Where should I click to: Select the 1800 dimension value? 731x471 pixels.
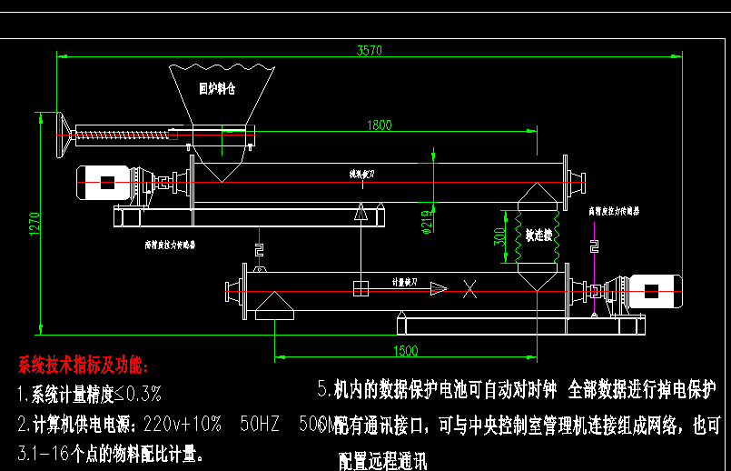click(380, 125)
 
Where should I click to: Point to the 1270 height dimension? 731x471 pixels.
click(35, 224)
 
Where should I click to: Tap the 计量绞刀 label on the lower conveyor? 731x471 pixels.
click(405, 283)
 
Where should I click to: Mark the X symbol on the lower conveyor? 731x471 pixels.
click(469, 290)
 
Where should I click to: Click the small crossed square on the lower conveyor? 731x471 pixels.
click(361, 289)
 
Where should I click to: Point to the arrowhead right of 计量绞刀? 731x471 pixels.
click(439, 288)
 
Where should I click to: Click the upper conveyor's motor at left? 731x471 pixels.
click(110, 183)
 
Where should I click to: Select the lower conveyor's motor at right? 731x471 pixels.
click(652, 291)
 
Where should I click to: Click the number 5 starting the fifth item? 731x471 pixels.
click(322, 390)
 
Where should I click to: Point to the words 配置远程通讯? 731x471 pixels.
click(382, 460)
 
